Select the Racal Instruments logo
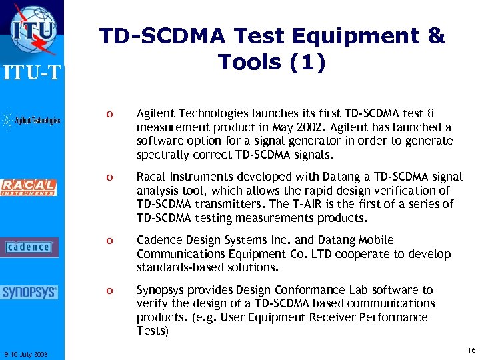click(29, 187)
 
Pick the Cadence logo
click(29, 247)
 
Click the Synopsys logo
click(29, 293)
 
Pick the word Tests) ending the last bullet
click(153, 331)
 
